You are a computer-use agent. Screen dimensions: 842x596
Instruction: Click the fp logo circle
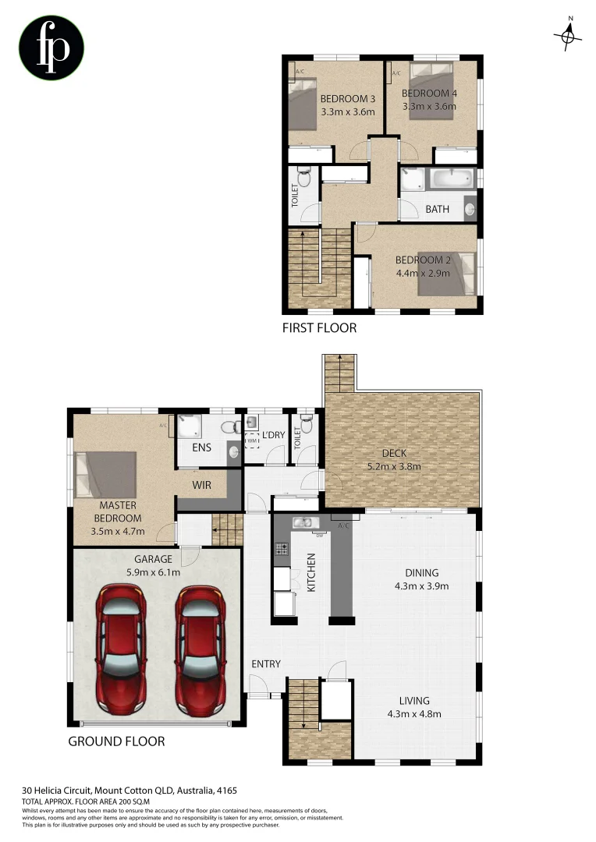point(51,48)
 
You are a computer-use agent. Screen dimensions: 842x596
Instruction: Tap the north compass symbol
point(569,35)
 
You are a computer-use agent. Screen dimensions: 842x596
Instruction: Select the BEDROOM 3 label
point(348,99)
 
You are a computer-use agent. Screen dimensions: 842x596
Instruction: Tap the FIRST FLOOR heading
point(319,328)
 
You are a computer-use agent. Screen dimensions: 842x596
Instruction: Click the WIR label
point(203,484)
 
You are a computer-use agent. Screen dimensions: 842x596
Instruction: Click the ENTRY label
point(265,663)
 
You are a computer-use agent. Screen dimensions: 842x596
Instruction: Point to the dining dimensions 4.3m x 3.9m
point(420,586)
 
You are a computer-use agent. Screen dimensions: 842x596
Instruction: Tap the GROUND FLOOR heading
point(116,741)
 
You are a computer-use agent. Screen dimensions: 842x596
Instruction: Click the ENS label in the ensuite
point(202,448)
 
